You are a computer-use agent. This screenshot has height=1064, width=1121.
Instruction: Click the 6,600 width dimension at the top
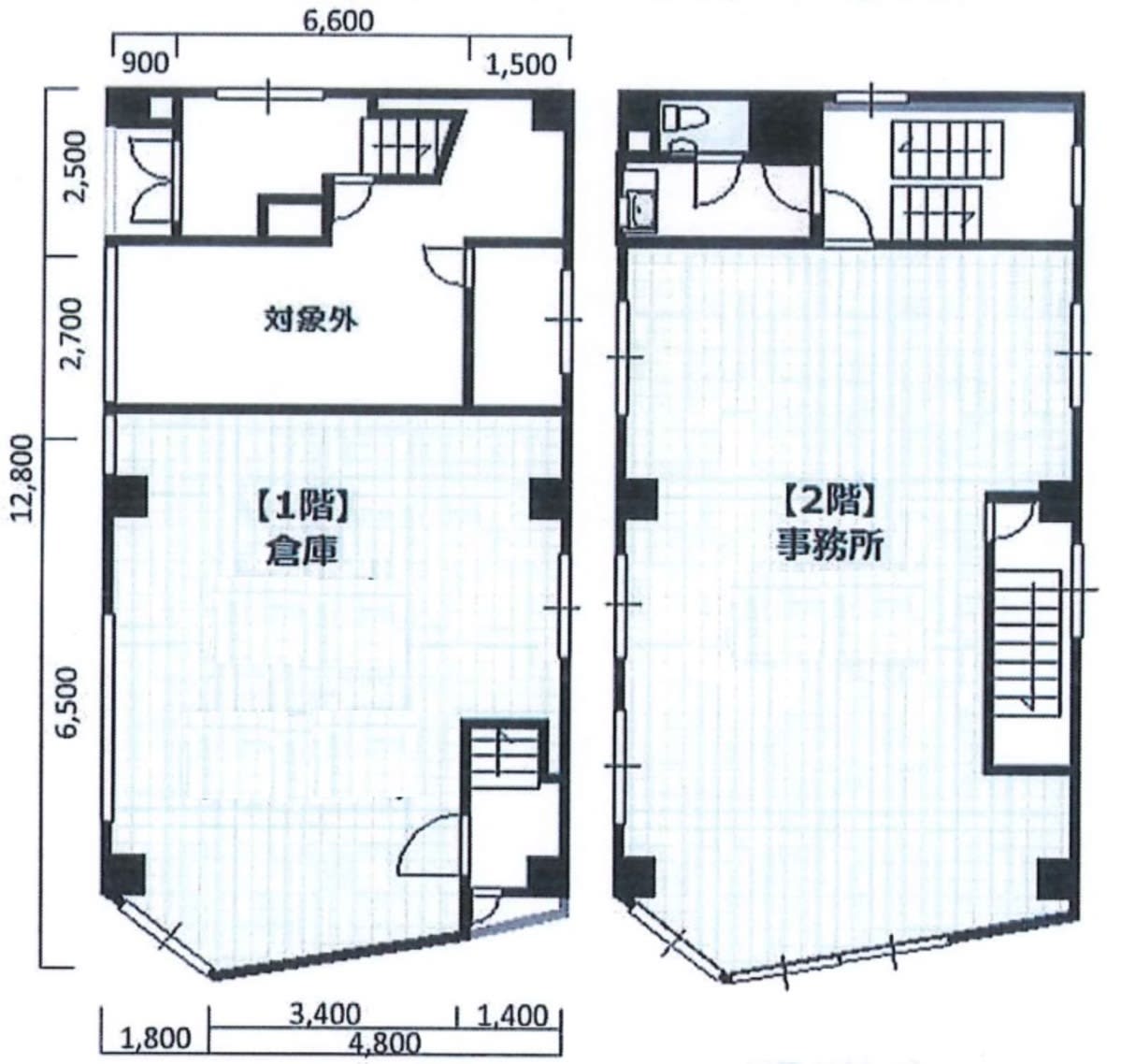[338, 21]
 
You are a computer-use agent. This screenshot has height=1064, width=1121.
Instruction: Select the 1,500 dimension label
[521, 65]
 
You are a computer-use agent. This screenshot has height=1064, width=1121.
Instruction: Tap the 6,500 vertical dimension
[70, 703]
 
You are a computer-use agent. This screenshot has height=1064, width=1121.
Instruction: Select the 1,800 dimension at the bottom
[156, 1038]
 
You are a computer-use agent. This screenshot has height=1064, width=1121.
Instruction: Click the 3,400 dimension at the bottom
[325, 1014]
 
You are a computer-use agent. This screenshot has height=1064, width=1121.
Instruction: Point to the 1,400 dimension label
[513, 1015]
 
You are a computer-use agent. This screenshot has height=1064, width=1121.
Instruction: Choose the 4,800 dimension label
[384, 1044]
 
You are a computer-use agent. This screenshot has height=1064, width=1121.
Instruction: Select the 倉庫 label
[302, 551]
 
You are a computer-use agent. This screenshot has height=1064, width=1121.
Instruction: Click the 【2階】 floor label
[829, 503]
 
